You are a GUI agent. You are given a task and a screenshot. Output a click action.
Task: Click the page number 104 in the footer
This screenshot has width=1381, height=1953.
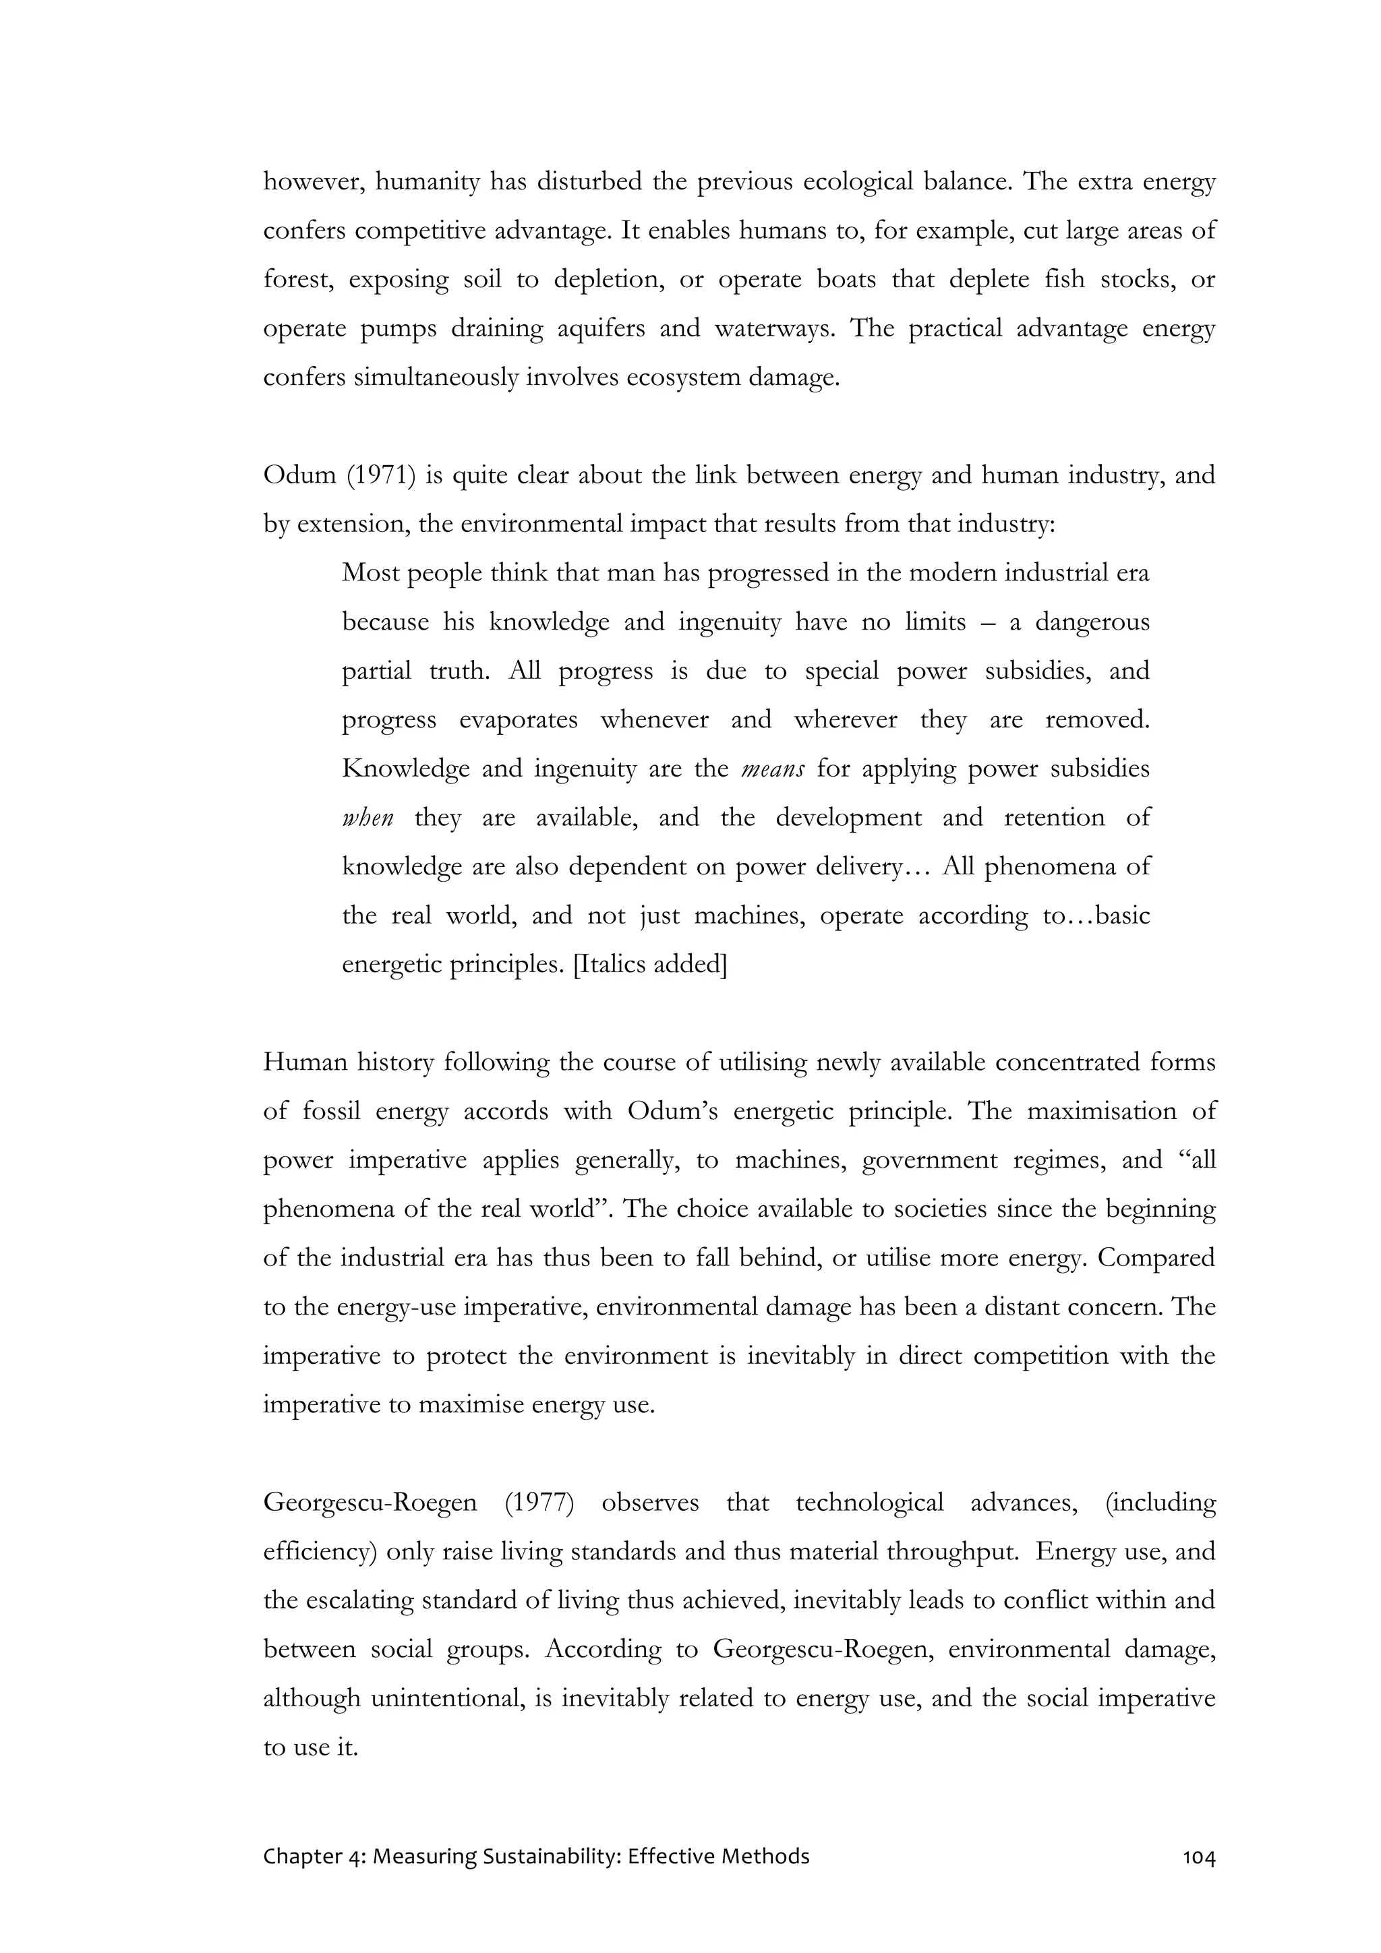1198,1856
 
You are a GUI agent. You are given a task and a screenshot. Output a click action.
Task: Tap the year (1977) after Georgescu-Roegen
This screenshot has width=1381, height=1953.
539,1502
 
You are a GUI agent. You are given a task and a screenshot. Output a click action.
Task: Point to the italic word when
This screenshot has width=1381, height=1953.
368,818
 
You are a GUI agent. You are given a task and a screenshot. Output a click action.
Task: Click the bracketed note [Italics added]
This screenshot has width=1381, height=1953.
651,965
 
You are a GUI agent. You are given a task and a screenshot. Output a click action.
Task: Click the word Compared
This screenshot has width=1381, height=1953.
1156,1257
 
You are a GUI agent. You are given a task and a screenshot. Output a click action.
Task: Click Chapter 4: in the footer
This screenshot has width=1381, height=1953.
315,1856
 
